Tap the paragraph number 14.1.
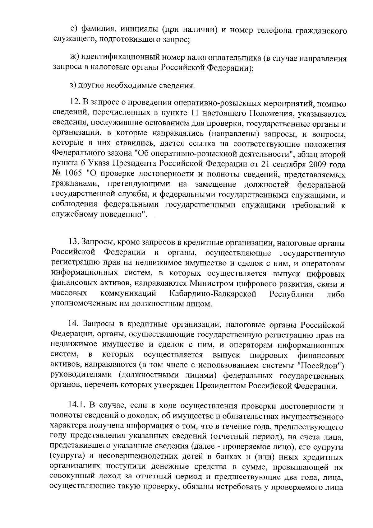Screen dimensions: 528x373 click(77, 406)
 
